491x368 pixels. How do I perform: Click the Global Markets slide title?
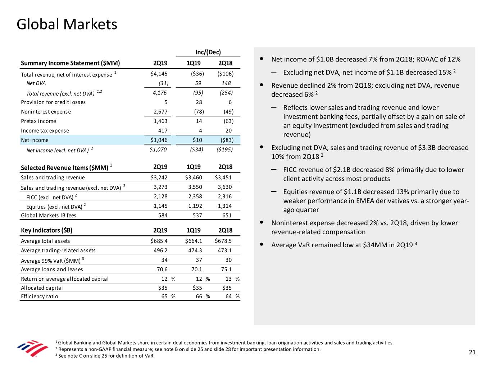[x=67, y=24]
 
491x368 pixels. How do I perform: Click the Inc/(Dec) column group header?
[x=208, y=52]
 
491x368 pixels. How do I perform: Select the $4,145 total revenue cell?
[x=159, y=74]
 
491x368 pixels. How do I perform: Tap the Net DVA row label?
[x=36, y=83]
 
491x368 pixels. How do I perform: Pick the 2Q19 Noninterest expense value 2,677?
[x=160, y=111]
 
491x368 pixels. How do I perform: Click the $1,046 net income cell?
[x=159, y=140]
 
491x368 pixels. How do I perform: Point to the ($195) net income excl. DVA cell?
[x=224, y=149]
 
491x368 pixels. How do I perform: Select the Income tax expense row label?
[x=45, y=131]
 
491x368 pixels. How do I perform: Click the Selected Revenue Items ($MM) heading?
[x=67, y=167]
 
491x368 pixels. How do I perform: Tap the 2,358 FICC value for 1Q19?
[x=195, y=197]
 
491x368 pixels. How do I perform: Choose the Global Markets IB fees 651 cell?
[x=227, y=215]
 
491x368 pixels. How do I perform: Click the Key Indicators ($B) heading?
[x=46, y=230]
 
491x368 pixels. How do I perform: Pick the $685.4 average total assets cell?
[x=159, y=241]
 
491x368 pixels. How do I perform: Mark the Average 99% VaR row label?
[x=53, y=260]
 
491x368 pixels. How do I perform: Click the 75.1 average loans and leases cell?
[x=226, y=270]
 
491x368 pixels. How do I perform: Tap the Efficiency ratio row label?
[x=39, y=296]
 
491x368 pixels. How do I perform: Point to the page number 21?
[x=472, y=352]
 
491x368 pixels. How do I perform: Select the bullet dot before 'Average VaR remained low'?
[x=262, y=244]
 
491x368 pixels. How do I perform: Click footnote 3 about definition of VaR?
[x=105, y=356]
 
